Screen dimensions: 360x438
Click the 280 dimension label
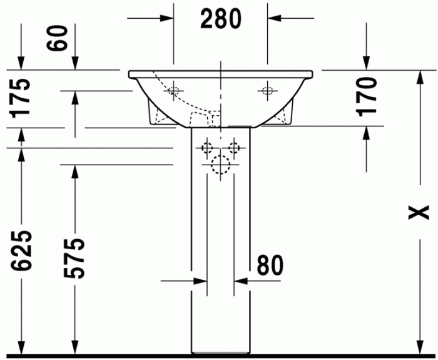click(220, 19)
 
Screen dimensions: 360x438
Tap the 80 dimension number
click(268, 265)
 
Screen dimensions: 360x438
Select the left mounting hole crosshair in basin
click(173, 91)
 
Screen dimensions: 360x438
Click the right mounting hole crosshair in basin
click(267, 91)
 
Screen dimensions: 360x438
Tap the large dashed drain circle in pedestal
click(220, 165)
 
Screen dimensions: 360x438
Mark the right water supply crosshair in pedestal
click(235, 148)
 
